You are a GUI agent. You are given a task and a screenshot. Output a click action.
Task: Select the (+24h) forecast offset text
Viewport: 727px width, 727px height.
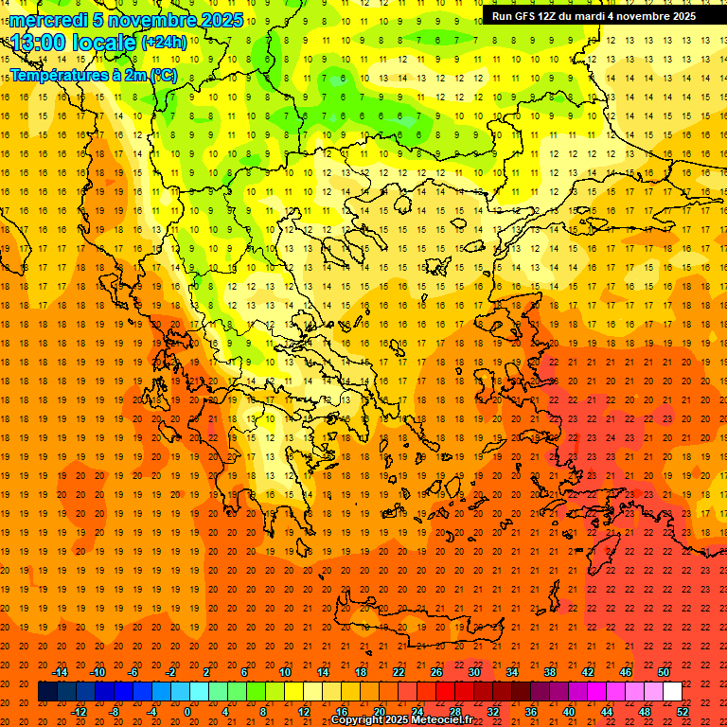coord(164,43)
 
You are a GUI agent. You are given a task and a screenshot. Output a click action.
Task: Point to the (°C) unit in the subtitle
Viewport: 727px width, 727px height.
coord(162,75)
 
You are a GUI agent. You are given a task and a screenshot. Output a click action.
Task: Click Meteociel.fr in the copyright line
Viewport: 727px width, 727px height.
coord(441,720)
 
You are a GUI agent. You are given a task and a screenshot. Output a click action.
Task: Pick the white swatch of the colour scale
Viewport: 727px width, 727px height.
coord(672,692)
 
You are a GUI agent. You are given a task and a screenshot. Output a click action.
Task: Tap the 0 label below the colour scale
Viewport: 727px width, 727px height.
coord(186,712)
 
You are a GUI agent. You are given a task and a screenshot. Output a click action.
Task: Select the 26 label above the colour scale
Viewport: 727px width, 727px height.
coord(436,672)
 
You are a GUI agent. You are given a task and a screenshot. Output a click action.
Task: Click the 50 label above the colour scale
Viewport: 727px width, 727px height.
coord(664,672)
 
